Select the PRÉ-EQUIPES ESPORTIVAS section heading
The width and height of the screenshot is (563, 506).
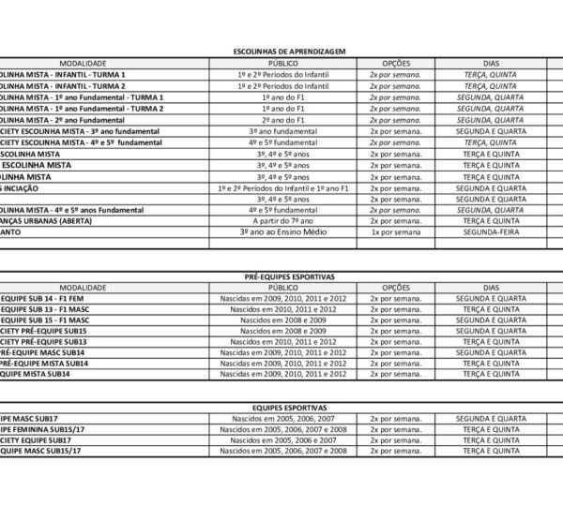click(289, 278)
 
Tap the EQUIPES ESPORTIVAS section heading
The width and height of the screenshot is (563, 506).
click(289, 409)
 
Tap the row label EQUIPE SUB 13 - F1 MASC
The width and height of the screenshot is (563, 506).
click(47, 309)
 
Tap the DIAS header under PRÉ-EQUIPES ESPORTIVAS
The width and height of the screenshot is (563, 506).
click(491, 288)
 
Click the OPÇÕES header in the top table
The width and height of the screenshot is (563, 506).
click(395, 62)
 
